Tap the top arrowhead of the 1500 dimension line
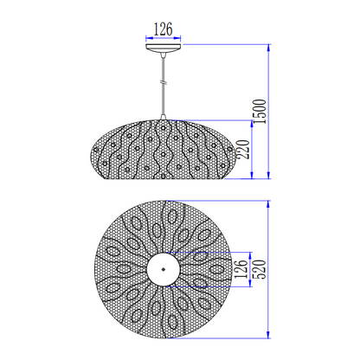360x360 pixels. pyautogui.click(x=271, y=45)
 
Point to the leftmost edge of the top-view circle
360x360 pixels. pyautogui.click(x=91, y=269)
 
